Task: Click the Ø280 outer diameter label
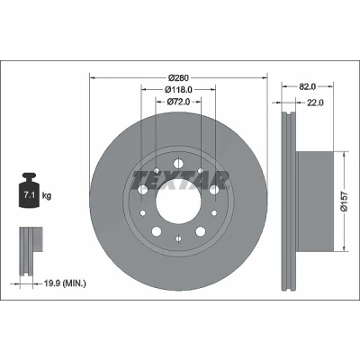[x=178, y=78]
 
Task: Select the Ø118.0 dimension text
[x=178, y=89]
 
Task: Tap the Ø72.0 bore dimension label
[x=178, y=102]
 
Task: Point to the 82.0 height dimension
[x=308, y=86]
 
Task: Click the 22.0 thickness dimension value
[x=315, y=103]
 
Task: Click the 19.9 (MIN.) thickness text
[x=65, y=283]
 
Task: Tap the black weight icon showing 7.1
[x=29, y=190]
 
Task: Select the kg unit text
[x=47, y=196]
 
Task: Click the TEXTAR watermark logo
[x=180, y=180]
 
